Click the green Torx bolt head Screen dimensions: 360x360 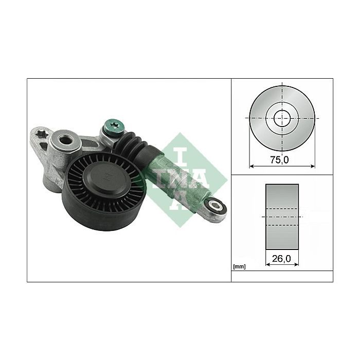click(114, 127)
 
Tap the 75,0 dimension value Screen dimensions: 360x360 click(279, 160)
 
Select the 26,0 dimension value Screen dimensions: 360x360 click(281, 259)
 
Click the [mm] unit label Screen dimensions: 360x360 click(239, 267)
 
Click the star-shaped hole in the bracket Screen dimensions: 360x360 click(42, 134)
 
